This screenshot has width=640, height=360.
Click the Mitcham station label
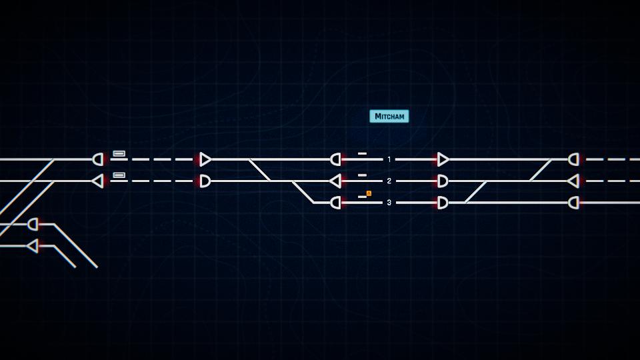point(389,116)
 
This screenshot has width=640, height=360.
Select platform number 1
point(389,159)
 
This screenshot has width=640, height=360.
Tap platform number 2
point(389,181)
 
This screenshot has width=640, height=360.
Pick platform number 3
point(389,203)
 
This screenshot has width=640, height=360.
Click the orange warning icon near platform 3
point(369,193)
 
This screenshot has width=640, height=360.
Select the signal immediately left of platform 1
point(335,159)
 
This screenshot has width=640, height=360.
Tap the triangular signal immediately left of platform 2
point(335,181)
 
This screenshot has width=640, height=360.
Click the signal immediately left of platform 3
point(335,203)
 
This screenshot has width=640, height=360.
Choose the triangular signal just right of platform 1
point(443,159)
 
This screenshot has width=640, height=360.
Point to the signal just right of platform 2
point(443,181)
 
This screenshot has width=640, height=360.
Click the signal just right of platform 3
point(443,203)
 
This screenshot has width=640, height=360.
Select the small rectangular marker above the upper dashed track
point(119,153)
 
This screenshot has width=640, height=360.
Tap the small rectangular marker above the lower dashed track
point(119,175)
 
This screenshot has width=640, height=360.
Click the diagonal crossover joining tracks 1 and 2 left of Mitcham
point(259,170)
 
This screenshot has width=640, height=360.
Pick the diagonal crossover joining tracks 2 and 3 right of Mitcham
point(475,192)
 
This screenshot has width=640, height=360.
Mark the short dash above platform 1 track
point(363,153)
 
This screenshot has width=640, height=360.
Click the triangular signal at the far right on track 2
point(573,181)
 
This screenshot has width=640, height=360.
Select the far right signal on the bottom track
point(573,203)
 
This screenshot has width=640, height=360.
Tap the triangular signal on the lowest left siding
point(33,246)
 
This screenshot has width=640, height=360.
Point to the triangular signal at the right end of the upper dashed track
point(205,159)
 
